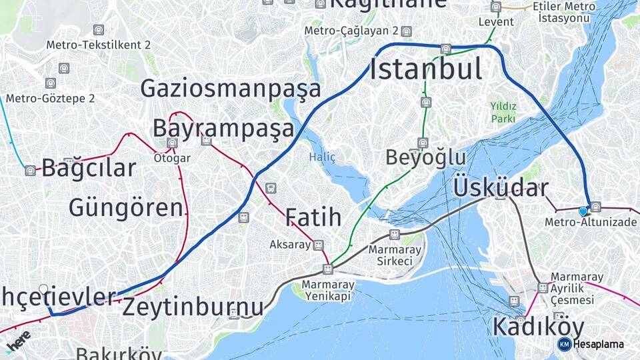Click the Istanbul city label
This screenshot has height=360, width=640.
[426, 69]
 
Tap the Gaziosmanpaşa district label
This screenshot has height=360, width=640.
[231, 89]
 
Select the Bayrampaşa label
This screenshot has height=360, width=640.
[223, 128]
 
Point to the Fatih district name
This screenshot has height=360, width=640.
[313, 217]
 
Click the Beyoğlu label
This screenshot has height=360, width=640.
[426, 157]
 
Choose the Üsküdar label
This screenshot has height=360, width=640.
[501, 188]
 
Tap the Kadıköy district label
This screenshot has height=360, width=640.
[538, 327]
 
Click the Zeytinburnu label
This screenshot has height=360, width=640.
[193, 307]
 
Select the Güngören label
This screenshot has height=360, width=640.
[126, 207]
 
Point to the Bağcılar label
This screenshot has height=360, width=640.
[89, 168]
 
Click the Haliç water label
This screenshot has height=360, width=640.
[322, 157]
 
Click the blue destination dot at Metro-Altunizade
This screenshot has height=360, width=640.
[583, 211]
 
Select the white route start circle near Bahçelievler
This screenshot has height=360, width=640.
[44, 289]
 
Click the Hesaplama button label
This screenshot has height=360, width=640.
[598, 345]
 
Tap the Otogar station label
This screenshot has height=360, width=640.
[172, 159]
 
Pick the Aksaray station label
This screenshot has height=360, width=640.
[290, 245]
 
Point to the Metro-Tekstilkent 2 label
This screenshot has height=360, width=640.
[99, 45]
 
